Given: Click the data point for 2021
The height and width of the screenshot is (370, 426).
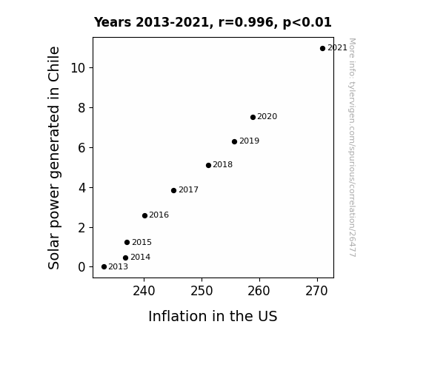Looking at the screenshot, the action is pos(322,49).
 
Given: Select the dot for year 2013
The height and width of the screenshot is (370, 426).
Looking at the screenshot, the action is pos(104,267).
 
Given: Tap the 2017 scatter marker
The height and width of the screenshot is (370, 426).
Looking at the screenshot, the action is pos(173,191).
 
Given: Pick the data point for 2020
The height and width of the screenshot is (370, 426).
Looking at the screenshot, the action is pos(253,117).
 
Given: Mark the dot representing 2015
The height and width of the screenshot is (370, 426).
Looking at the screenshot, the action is pos(127,243).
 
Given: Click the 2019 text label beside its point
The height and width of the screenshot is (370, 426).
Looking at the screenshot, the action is pos(249,141).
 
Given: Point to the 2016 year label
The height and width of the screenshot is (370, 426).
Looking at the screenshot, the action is pos(159,215).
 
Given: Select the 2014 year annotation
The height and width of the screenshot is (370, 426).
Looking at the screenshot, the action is pos(140,257).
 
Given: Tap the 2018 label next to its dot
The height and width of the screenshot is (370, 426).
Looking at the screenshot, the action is pos(222,165).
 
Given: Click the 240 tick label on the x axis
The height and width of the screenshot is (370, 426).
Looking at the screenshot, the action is pos(144,292).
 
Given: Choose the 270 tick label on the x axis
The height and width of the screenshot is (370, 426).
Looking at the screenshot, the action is pos(316,292).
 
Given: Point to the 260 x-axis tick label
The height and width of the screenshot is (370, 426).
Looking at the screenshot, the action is pos(259,292).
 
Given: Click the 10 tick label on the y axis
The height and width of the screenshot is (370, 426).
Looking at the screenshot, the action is pos(78,68).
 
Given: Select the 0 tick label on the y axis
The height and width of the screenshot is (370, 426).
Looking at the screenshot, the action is pos(81,267).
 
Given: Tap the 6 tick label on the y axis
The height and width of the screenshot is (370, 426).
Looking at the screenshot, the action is pos(81,148).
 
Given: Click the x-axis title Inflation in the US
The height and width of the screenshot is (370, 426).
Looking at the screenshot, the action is pos(213,316).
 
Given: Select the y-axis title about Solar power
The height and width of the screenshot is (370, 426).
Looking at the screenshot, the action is pos(53,158).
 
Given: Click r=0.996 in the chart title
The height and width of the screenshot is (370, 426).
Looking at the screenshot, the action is pos(246,22).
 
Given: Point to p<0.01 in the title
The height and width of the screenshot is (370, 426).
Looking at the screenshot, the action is pos(307,23).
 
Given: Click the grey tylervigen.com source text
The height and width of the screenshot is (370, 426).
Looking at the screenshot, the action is pos(352,147).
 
